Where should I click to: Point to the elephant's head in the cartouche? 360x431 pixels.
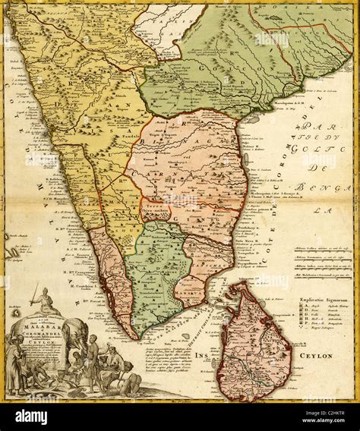71,334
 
